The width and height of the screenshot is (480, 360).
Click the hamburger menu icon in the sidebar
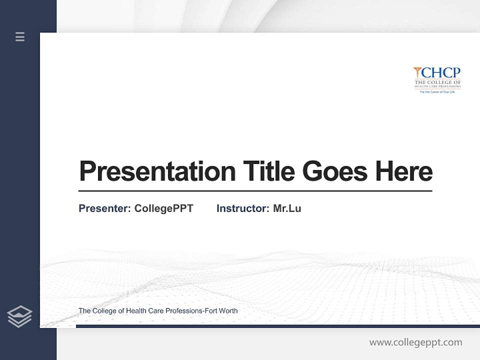pyautogui.click(x=20, y=36)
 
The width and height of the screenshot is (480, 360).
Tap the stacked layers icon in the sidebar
pyautogui.click(x=19, y=316)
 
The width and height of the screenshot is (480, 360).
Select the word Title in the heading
pyautogui.click(x=268, y=171)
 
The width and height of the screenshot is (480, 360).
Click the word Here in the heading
pyautogui.click(x=404, y=171)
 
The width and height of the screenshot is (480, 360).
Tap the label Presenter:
pyautogui.click(x=104, y=208)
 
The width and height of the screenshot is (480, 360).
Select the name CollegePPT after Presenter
pyautogui.click(x=163, y=208)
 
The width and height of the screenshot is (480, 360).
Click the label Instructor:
pyautogui.click(x=242, y=208)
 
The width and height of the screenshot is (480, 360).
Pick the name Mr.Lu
pyautogui.click(x=287, y=208)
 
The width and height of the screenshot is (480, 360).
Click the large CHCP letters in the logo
pyautogui.click(x=441, y=73)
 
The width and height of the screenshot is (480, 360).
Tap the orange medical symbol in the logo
pyautogui.click(x=417, y=73)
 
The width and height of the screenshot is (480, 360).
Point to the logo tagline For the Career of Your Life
pyautogui.click(x=437, y=92)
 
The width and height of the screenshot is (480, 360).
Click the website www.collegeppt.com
pyautogui.click(x=415, y=342)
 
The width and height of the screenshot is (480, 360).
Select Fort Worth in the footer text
pyautogui.click(x=221, y=311)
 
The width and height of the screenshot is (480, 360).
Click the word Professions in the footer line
pyautogui.click(x=183, y=311)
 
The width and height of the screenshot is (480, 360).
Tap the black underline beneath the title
pyautogui.click(x=255, y=191)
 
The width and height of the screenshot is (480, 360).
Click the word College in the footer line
pyautogui.click(x=104, y=311)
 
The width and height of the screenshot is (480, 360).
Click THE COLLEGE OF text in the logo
pyautogui.click(x=437, y=82)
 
